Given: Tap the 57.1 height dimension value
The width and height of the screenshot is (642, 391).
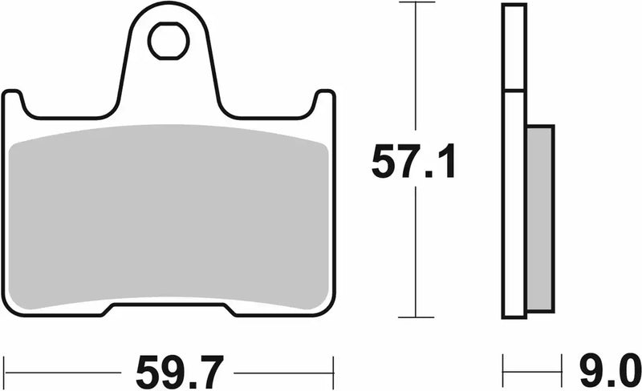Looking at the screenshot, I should tap(413, 164).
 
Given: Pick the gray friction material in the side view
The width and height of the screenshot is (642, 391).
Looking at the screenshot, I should tap(540, 218).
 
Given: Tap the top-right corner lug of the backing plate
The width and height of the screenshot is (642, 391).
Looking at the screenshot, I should tap(323, 100).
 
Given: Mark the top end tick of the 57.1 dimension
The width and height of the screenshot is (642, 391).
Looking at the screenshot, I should tap(414, 4).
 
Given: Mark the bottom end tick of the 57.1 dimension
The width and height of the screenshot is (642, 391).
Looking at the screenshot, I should tap(414, 317).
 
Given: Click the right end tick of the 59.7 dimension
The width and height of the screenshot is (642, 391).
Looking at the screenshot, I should tap(332, 372).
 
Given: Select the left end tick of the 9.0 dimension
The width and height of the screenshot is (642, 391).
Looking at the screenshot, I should tap(504, 372).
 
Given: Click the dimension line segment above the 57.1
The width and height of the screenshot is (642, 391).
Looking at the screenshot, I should tap(414, 72).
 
